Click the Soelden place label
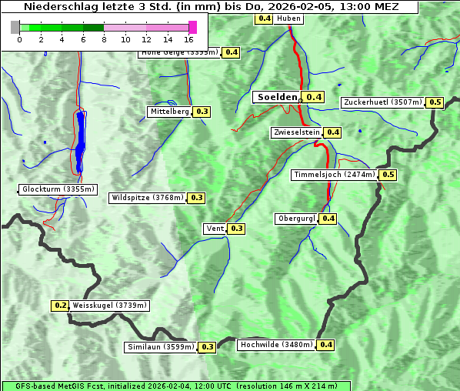click(277, 97)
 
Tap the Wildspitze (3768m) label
click(148, 198)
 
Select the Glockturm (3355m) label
click(58, 189)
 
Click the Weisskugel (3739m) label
click(109, 306)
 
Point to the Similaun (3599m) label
click(161, 347)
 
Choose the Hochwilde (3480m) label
click(276, 345)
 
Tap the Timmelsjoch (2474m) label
click(335, 175)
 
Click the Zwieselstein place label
click(295, 132)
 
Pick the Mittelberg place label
click(169, 112)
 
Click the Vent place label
click(215, 229)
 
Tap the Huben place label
click(288, 18)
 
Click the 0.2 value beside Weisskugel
click(60, 306)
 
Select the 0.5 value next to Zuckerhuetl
click(435, 102)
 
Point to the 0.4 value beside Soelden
click(314, 97)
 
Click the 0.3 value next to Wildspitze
click(197, 198)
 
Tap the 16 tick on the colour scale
click(189, 39)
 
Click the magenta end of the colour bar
click(192, 27)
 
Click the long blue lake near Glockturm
click(81, 142)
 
